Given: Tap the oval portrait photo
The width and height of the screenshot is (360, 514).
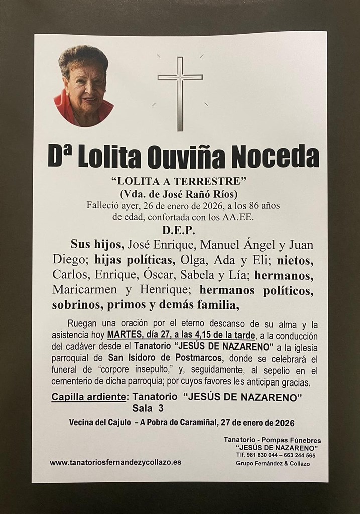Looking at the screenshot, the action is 83,86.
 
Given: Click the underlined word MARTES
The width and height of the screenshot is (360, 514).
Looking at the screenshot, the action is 122,335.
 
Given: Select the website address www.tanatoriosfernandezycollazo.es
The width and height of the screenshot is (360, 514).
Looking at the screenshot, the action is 115,462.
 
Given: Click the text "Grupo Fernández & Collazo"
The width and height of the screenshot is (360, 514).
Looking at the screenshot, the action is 273,463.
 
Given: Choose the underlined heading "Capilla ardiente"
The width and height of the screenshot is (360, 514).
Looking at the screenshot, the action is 88,397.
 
